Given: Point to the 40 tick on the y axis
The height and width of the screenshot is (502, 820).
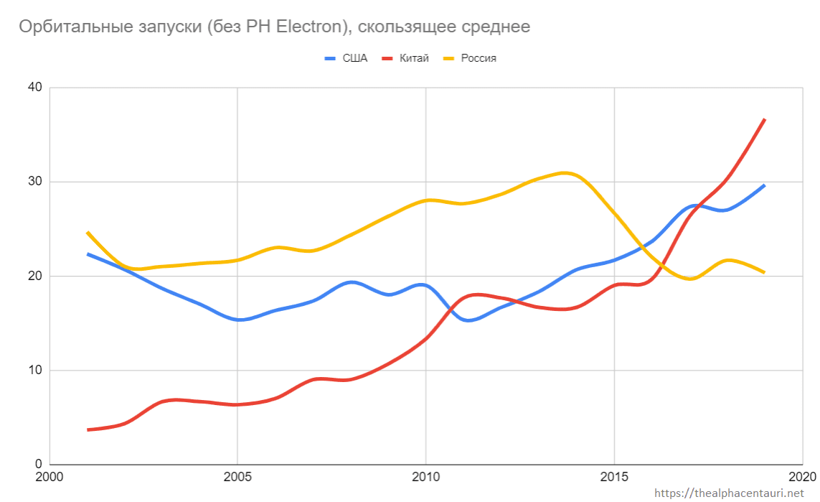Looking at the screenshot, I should pyautogui.click(x=34, y=88).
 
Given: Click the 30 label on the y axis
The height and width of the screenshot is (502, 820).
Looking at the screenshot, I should pyautogui.click(x=34, y=182).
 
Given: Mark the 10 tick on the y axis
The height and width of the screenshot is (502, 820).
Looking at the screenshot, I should pyautogui.click(x=34, y=371).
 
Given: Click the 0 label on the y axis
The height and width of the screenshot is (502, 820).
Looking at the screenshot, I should pyautogui.click(x=38, y=465).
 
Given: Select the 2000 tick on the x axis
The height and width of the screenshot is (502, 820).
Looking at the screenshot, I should pyautogui.click(x=49, y=478).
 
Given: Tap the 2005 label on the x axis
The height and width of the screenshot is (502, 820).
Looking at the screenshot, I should pyautogui.click(x=237, y=478).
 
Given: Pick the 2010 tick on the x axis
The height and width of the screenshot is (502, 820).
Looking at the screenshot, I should pyautogui.click(x=425, y=478).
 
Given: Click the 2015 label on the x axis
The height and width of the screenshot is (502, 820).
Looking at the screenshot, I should pyautogui.click(x=614, y=478).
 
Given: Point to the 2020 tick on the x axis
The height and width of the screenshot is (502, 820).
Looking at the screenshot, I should pyautogui.click(x=801, y=478).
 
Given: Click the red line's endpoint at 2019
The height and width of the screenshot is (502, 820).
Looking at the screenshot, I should pyautogui.click(x=765, y=119).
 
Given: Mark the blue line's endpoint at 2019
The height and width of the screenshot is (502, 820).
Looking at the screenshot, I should pyautogui.click(x=765, y=185).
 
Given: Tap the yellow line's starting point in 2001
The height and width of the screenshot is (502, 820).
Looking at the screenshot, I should pyautogui.click(x=88, y=233).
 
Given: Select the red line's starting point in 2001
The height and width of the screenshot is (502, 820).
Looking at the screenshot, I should pyautogui.click(x=88, y=429).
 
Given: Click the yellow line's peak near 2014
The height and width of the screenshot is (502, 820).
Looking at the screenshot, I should pyautogui.click(x=565, y=172).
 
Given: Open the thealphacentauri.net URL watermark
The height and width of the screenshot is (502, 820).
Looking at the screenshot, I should pyautogui.click(x=730, y=493).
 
